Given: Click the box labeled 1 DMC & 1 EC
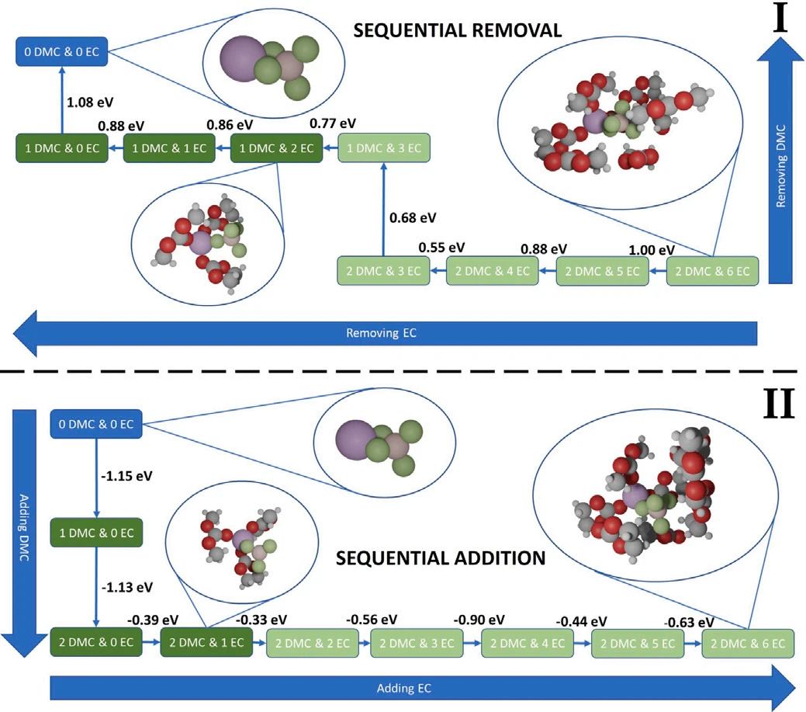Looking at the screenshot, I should pyautogui.click(x=169, y=148).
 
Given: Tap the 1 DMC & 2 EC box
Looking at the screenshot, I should pyautogui.click(x=276, y=148).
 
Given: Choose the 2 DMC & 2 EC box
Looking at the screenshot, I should pyautogui.click(x=313, y=643).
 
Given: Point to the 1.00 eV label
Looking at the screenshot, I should pyautogui.click(x=651, y=250).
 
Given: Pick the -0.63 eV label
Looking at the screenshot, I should pyautogui.click(x=689, y=622).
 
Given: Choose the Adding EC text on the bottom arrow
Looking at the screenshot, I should pyautogui.click(x=404, y=688).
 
